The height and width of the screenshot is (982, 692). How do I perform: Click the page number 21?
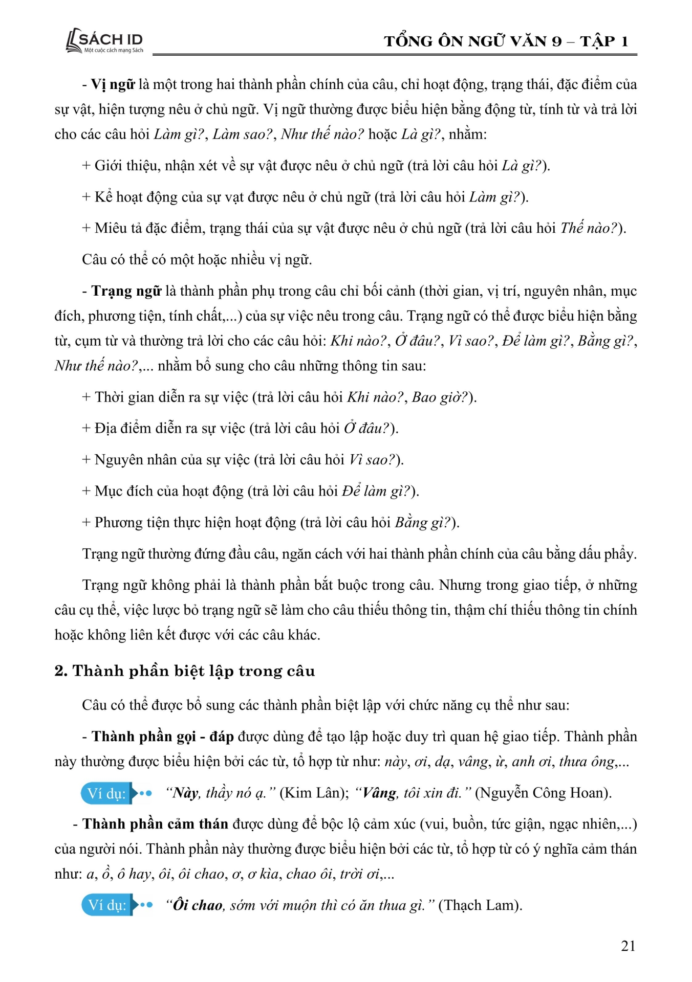pyautogui.click(x=628, y=946)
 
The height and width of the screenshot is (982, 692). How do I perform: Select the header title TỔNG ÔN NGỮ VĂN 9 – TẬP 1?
pyautogui.click(x=506, y=41)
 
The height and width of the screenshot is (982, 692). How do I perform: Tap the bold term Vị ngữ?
pyautogui.click(x=113, y=84)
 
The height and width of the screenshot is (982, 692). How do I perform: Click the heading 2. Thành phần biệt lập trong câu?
pyautogui.click(x=185, y=671)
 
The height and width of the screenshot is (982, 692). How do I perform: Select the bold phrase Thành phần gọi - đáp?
pyautogui.click(x=163, y=736)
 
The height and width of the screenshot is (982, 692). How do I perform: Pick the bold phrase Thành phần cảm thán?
pyautogui.click(x=156, y=824)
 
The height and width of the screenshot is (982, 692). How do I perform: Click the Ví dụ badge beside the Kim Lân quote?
pyautogui.click(x=106, y=793)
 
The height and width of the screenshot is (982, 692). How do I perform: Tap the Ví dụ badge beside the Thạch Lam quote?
pyautogui.click(x=107, y=905)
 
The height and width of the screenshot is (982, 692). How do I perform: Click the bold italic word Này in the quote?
pyautogui.click(x=185, y=793)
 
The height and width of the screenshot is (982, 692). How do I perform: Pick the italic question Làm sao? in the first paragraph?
pyautogui.click(x=242, y=135)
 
